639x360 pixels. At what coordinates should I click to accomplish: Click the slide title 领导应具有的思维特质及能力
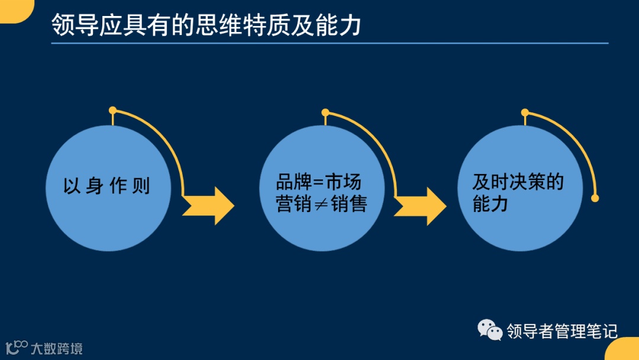click(x=206, y=25)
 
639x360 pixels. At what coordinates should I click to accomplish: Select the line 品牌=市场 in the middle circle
click(x=318, y=182)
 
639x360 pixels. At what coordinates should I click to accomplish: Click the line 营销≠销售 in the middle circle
click(x=321, y=204)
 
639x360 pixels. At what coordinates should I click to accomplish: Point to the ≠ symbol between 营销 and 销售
click(x=321, y=204)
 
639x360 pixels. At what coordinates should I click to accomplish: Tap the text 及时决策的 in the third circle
click(x=518, y=182)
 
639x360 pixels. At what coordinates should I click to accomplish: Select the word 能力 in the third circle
click(x=490, y=204)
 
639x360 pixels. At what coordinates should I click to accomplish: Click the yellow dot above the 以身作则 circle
click(x=112, y=110)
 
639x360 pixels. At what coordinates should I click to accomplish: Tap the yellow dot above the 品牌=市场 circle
click(x=325, y=112)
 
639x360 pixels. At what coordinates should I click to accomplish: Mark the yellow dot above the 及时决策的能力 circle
click(x=525, y=112)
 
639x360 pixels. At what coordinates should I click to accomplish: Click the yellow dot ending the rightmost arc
click(x=595, y=198)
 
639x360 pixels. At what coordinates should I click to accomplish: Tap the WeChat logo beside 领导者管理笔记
click(x=490, y=330)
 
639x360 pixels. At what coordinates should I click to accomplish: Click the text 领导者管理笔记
click(x=562, y=331)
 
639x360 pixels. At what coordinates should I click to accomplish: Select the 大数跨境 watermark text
click(x=57, y=348)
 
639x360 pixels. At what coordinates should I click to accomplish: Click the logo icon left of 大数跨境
click(x=17, y=347)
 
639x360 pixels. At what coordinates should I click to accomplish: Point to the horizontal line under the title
click(x=330, y=43)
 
